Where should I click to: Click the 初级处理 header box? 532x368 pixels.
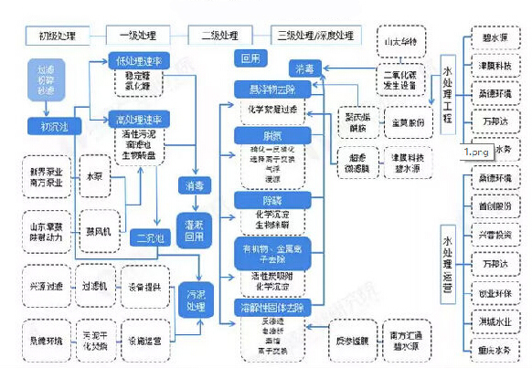point(57,36)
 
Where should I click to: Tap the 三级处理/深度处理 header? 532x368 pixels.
point(313,36)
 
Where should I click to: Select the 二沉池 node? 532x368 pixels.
point(147,238)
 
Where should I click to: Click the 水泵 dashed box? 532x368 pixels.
point(95,174)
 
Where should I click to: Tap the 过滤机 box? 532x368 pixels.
point(95,287)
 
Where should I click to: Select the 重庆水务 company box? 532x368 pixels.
point(494,349)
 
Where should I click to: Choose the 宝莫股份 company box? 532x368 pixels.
point(400,121)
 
